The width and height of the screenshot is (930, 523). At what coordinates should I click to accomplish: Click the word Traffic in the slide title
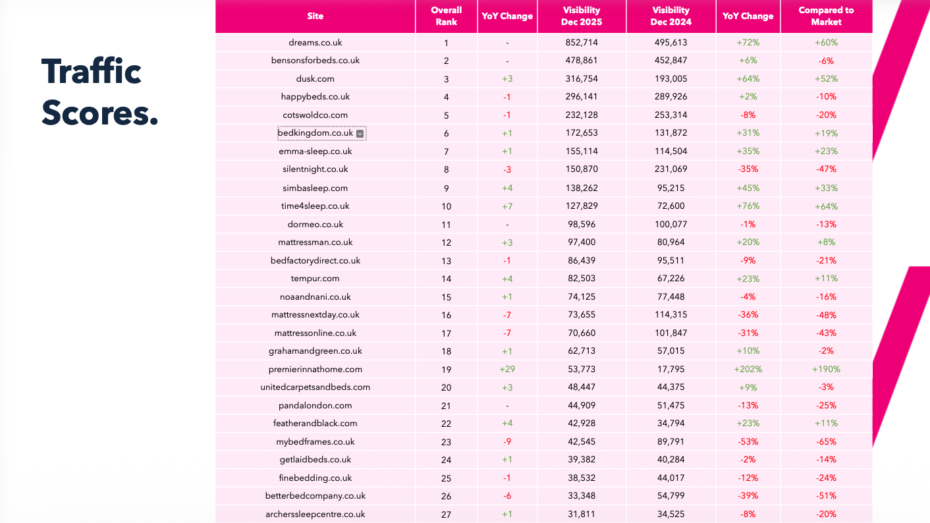92,71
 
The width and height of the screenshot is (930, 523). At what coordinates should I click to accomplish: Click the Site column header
315,16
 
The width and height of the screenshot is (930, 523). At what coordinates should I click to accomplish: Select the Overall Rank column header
446,16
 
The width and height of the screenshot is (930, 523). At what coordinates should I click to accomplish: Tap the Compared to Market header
826,16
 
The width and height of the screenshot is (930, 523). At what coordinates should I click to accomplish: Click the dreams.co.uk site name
315,43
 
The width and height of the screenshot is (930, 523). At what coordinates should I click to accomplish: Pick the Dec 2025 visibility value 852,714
581,43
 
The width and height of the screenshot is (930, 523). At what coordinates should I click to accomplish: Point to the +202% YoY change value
748,370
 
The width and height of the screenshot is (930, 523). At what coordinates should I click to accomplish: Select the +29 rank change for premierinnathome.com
506,370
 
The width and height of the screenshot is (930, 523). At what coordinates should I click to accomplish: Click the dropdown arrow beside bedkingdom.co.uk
360,134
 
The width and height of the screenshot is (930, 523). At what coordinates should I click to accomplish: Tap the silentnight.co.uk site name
315,169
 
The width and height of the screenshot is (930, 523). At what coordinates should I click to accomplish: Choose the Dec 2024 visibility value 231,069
670,169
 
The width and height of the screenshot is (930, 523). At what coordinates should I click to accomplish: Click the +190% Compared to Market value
826,370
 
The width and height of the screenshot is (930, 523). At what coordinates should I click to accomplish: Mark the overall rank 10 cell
446,206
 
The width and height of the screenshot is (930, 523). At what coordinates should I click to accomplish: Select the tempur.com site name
315,279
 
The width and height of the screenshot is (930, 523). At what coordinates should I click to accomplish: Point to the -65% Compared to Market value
826,442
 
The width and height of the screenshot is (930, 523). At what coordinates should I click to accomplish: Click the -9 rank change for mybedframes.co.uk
506,442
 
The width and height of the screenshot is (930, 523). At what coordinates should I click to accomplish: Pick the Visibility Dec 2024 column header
670,16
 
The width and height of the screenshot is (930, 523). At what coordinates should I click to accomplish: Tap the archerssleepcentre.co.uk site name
315,514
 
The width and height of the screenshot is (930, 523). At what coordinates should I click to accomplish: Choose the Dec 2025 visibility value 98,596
581,225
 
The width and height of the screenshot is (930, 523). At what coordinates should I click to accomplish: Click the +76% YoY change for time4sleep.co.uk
748,206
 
